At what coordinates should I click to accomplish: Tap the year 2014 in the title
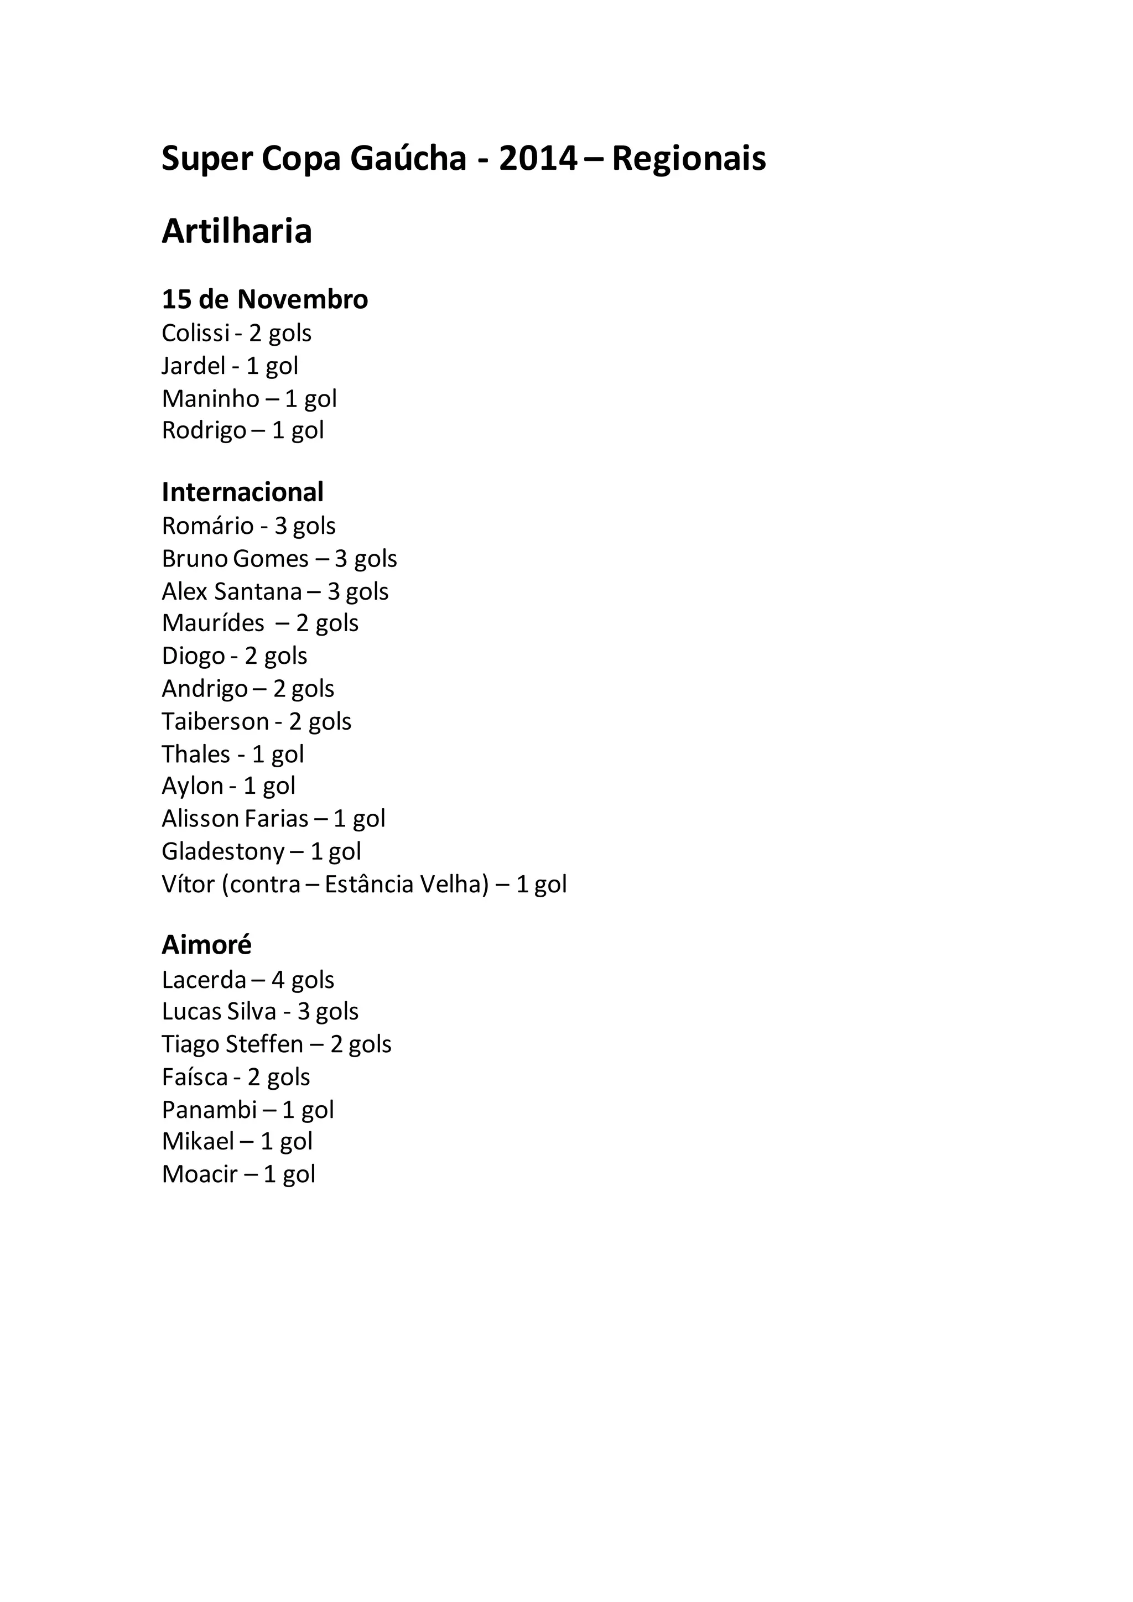click(x=538, y=159)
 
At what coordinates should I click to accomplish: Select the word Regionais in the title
click(x=689, y=159)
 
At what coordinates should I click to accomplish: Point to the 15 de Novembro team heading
click(x=264, y=299)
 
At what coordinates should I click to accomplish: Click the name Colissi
click(x=195, y=333)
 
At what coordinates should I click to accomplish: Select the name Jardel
click(x=193, y=366)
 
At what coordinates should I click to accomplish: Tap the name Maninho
click(x=210, y=398)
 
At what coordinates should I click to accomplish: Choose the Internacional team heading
click(x=242, y=492)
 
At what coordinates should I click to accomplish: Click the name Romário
click(x=207, y=526)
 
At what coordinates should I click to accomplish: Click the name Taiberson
click(x=215, y=721)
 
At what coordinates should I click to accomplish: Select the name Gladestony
click(x=222, y=851)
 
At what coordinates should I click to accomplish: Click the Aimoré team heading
click(x=206, y=945)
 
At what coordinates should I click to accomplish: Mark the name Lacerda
click(x=204, y=980)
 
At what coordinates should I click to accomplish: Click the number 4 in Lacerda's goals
click(x=278, y=980)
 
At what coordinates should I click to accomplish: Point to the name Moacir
click(x=200, y=1174)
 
